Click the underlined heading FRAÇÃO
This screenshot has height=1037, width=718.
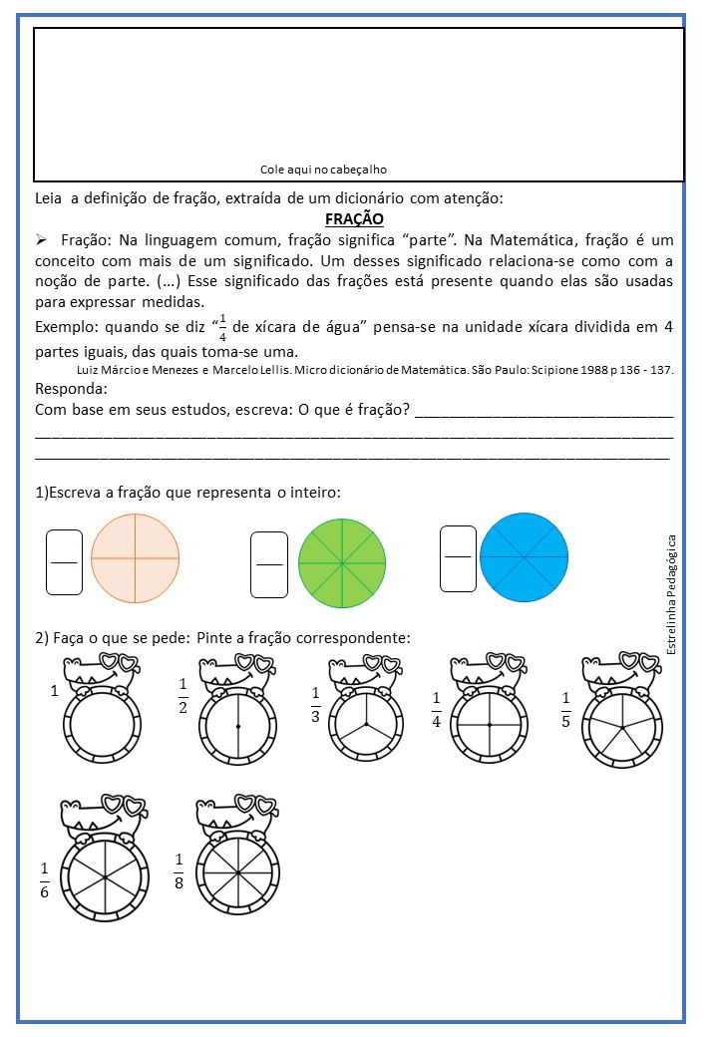[x=354, y=219]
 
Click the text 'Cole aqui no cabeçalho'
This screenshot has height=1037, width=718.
[x=323, y=170]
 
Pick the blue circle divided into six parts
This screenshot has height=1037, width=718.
[x=524, y=555]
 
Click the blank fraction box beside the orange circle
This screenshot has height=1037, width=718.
[x=64, y=561]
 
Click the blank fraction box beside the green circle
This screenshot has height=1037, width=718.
[x=269, y=564]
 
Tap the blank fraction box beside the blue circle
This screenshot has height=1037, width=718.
[x=458, y=557]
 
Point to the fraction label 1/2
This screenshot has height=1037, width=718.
[x=183, y=697]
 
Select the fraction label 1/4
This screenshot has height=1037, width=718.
[x=437, y=709]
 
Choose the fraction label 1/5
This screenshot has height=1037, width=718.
[x=566, y=709]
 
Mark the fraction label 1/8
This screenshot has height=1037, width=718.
[x=179, y=870]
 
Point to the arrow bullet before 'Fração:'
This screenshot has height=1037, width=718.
[x=42, y=241]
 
